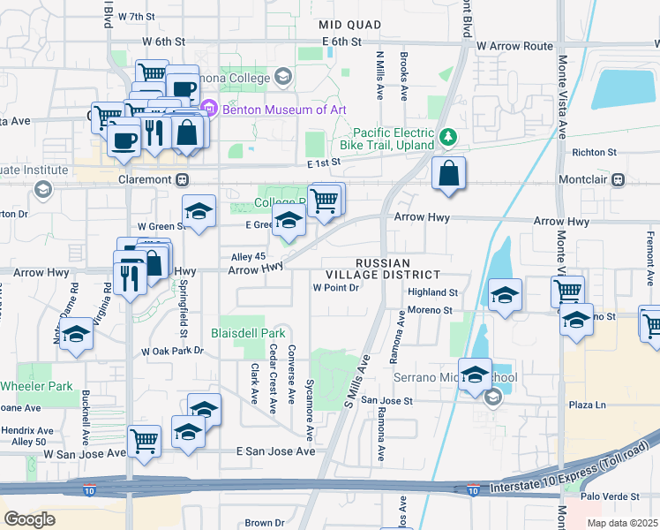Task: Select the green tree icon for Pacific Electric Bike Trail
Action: coord(448,137)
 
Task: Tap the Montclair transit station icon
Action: coord(618,179)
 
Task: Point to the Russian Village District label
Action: coord(383,269)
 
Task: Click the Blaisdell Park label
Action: coord(248,334)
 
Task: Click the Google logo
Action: coord(30,519)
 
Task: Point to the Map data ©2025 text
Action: coord(622,523)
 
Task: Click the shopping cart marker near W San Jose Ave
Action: coord(144,440)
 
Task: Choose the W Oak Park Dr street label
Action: coord(172,351)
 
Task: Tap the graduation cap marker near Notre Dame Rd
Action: coord(77,335)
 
